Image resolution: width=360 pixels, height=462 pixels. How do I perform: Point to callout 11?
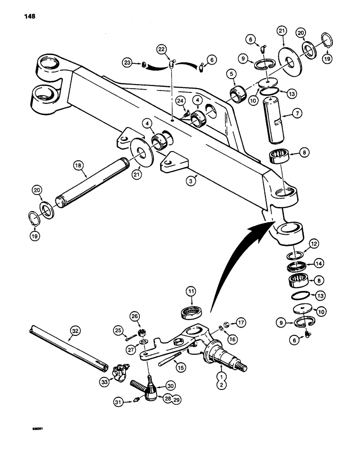coord(190,292)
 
